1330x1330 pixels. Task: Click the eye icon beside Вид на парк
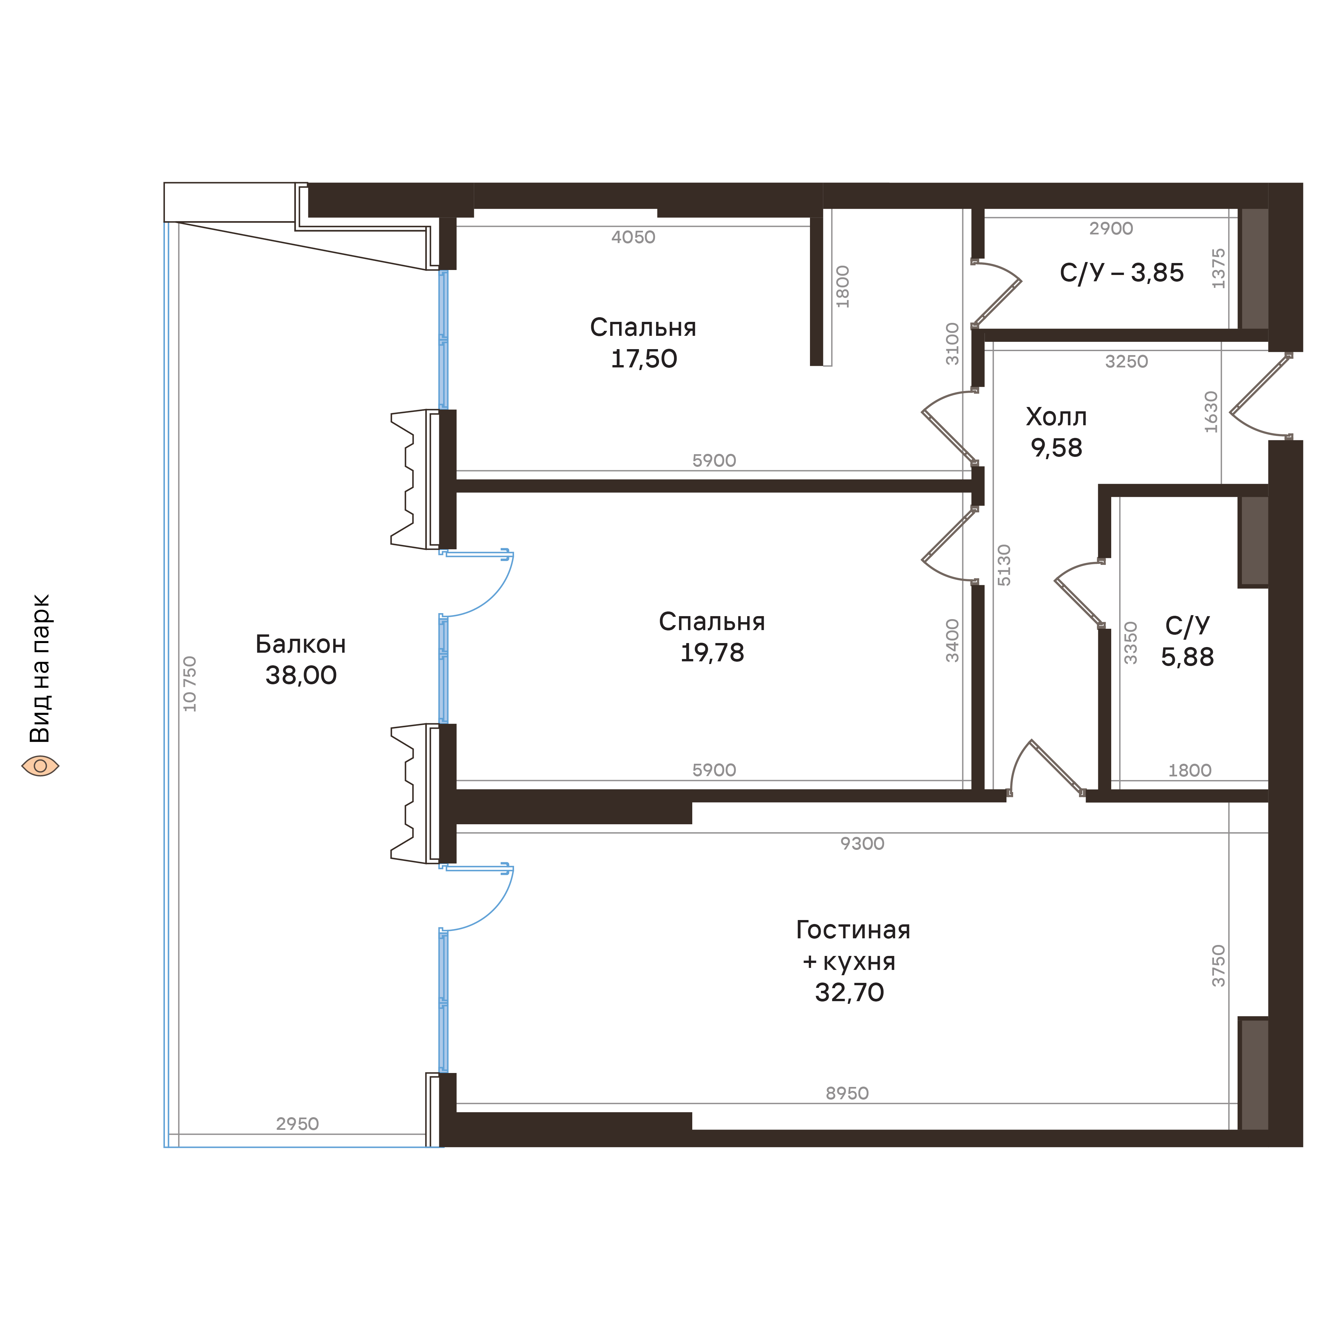(x=40, y=765)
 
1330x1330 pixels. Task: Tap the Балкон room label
(x=300, y=644)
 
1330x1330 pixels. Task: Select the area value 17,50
(x=644, y=359)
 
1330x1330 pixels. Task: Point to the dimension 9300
(x=862, y=843)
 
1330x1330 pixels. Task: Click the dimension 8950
(x=847, y=1093)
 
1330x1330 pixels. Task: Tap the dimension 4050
(x=633, y=237)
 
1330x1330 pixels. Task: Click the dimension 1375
(x=1219, y=268)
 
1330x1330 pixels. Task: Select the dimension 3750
(x=1219, y=966)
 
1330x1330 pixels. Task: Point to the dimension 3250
(x=1126, y=361)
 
